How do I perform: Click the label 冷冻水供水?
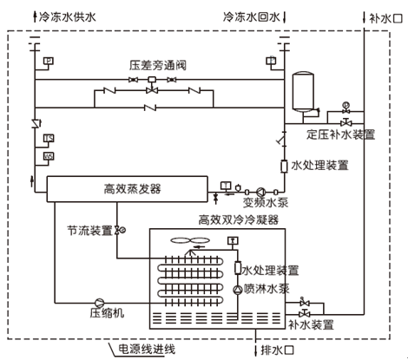pyautogui.click(x=67, y=17)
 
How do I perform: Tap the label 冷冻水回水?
pyautogui.click(x=252, y=17)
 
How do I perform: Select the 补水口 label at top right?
pyautogui.click(x=385, y=18)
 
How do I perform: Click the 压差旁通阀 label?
pyautogui.click(x=158, y=65)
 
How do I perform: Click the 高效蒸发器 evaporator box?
pyautogui.click(x=127, y=188)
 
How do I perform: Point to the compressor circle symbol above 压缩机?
pyautogui.click(x=99, y=303)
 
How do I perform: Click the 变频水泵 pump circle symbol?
pyautogui.click(x=260, y=192)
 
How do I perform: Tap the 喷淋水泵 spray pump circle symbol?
pyautogui.click(x=238, y=290)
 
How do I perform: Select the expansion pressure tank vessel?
pyautogui.click(x=303, y=91)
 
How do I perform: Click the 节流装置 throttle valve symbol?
pyautogui.click(x=117, y=231)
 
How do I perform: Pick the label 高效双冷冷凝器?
pyautogui.click(x=239, y=219)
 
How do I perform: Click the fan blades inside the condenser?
pyautogui.click(x=190, y=240)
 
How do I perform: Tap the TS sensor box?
pyautogui.click(x=49, y=138)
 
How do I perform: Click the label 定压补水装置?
pyautogui.click(x=341, y=134)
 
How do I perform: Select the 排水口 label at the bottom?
pyautogui.click(x=277, y=350)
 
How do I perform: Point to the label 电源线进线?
pyautogui.click(x=147, y=349)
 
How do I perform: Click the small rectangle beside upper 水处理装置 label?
pyautogui.click(x=284, y=167)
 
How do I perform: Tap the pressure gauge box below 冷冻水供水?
pyautogui.click(x=49, y=61)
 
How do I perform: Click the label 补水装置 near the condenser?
pyautogui.click(x=311, y=324)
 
